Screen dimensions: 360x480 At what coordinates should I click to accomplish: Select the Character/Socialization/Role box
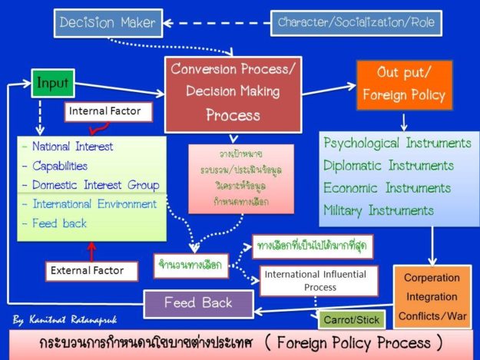tap(356, 22)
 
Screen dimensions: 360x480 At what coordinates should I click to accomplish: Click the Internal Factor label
tap(106, 112)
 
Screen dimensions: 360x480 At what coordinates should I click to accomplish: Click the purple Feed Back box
tap(198, 302)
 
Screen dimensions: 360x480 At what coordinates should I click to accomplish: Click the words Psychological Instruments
tap(397, 143)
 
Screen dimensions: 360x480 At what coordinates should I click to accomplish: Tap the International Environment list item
tap(94, 204)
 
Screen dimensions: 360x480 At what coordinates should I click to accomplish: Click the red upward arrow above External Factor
tap(93, 251)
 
